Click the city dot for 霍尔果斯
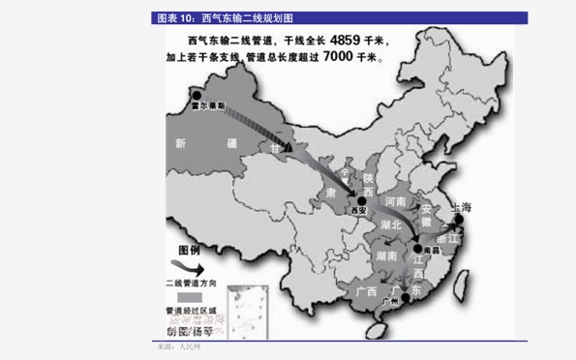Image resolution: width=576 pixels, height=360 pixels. (x=197, y=94)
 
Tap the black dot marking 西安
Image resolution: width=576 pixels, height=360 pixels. (x=349, y=201)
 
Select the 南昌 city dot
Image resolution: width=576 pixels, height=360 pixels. (x=417, y=248)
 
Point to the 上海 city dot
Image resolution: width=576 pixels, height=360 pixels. (x=459, y=219)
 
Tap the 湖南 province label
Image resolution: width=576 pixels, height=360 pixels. (x=383, y=255)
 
